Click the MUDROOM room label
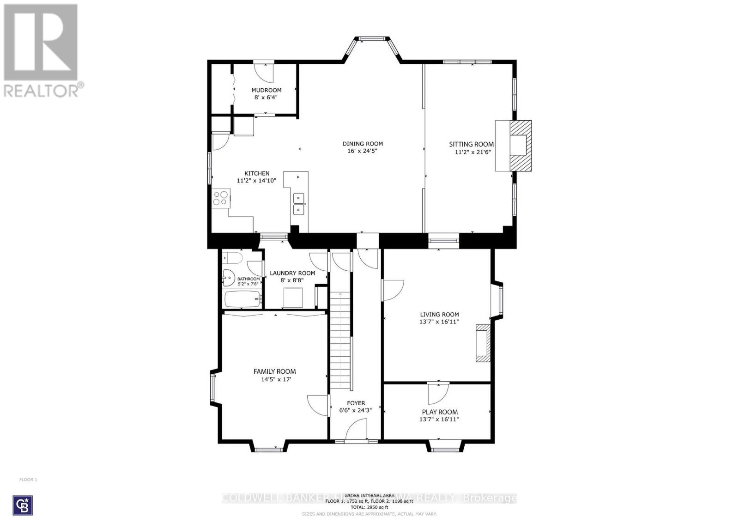(x=267, y=90)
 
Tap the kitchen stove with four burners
(x=220, y=198)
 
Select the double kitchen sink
(x=299, y=204)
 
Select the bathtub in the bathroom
(x=242, y=299)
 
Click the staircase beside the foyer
(x=340, y=342)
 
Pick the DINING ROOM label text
(x=363, y=144)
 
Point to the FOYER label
(x=356, y=403)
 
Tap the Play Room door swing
(x=437, y=393)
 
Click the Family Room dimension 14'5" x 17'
(x=275, y=379)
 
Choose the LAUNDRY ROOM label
(x=292, y=273)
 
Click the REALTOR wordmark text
(x=41, y=91)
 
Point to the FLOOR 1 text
(x=28, y=480)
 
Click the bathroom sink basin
(x=228, y=279)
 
